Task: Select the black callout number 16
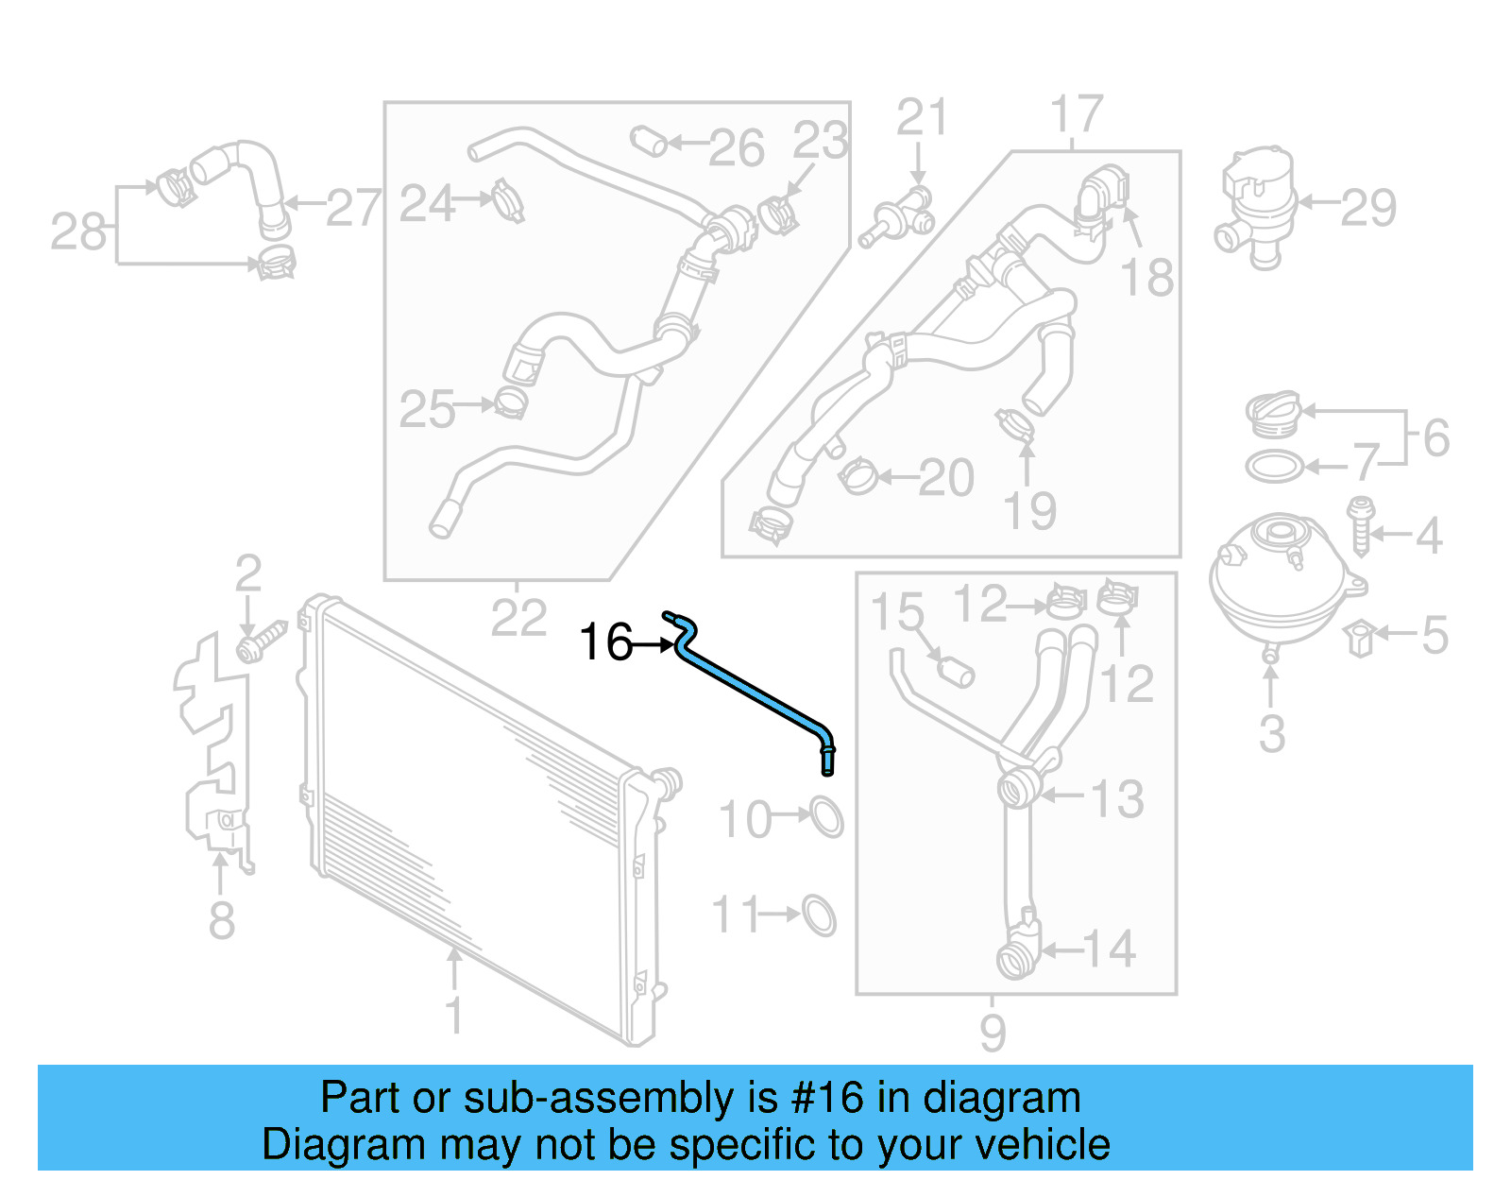[x=605, y=643]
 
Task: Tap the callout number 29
[x=1368, y=208]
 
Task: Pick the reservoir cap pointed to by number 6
[x=1273, y=414]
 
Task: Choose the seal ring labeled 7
[x=1274, y=466]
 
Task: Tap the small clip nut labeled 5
[x=1360, y=638]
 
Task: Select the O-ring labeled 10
[x=826, y=817]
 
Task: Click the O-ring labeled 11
[x=819, y=915]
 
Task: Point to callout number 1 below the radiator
[x=454, y=1016]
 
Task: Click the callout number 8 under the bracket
[x=221, y=920]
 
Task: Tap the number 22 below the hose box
[x=518, y=619]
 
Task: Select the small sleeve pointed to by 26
[x=649, y=141]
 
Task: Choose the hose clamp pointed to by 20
[x=857, y=476]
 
